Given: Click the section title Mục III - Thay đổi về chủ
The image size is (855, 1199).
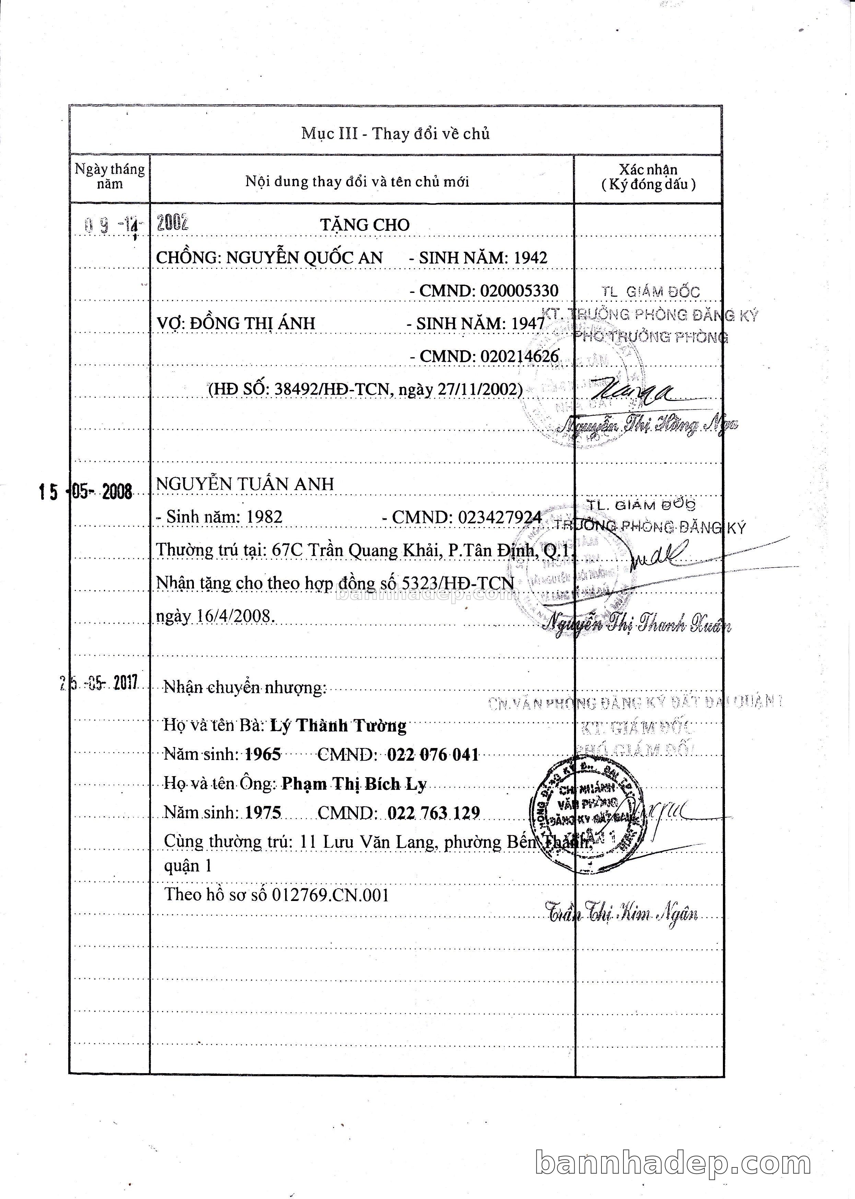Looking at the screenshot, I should pyautogui.click(x=395, y=134).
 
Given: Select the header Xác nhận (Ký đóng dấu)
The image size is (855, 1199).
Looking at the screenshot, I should pyautogui.click(x=648, y=177).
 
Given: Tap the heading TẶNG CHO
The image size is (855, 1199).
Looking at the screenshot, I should pyautogui.click(x=365, y=225).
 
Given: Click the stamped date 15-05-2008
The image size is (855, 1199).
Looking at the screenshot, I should pyautogui.click(x=86, y=492).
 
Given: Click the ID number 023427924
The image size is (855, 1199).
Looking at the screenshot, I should pyautogui.click(x=500, y=518).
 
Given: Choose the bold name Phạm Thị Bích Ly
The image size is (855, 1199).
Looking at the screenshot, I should pyautogui.click(x=354, y=785).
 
